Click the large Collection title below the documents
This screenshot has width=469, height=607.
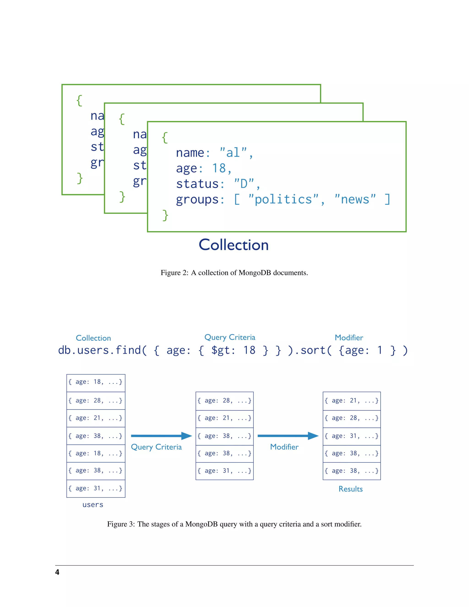tap(234, 245)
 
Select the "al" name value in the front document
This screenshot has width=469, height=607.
tap(233, 153)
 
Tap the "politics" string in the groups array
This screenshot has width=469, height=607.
tap(284, 199)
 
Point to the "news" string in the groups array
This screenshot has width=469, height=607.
tap(355, 199)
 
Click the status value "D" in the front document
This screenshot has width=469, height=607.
tap(244, 184)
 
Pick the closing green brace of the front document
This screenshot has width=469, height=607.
tap(165, 215)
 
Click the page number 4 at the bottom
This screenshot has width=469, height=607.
tap(57, 572)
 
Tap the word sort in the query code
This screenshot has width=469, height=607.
tap(313, 350)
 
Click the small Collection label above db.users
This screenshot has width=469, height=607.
tap(93, 338)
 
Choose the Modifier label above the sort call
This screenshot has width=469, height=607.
tap(349, 337)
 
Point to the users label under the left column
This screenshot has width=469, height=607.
tap(93, 505)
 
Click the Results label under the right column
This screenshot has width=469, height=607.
tap(351, 489)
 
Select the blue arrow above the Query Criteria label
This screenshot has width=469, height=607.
tap(161, 436)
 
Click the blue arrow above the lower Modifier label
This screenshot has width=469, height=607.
tap(288, 436)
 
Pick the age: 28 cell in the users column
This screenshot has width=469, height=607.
tap(95, 400)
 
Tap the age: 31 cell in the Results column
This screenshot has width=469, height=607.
tap(352, 436)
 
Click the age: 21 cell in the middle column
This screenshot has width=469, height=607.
tap(224, 418)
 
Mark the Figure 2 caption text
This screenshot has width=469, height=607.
tap(234, 273)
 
